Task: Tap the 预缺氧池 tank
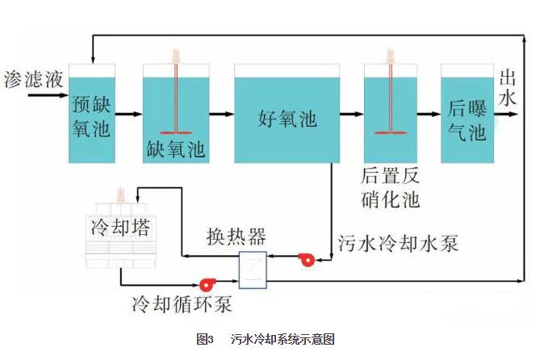[91, 113]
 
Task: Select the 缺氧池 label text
[176, 149]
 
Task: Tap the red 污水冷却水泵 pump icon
[307, 260]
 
